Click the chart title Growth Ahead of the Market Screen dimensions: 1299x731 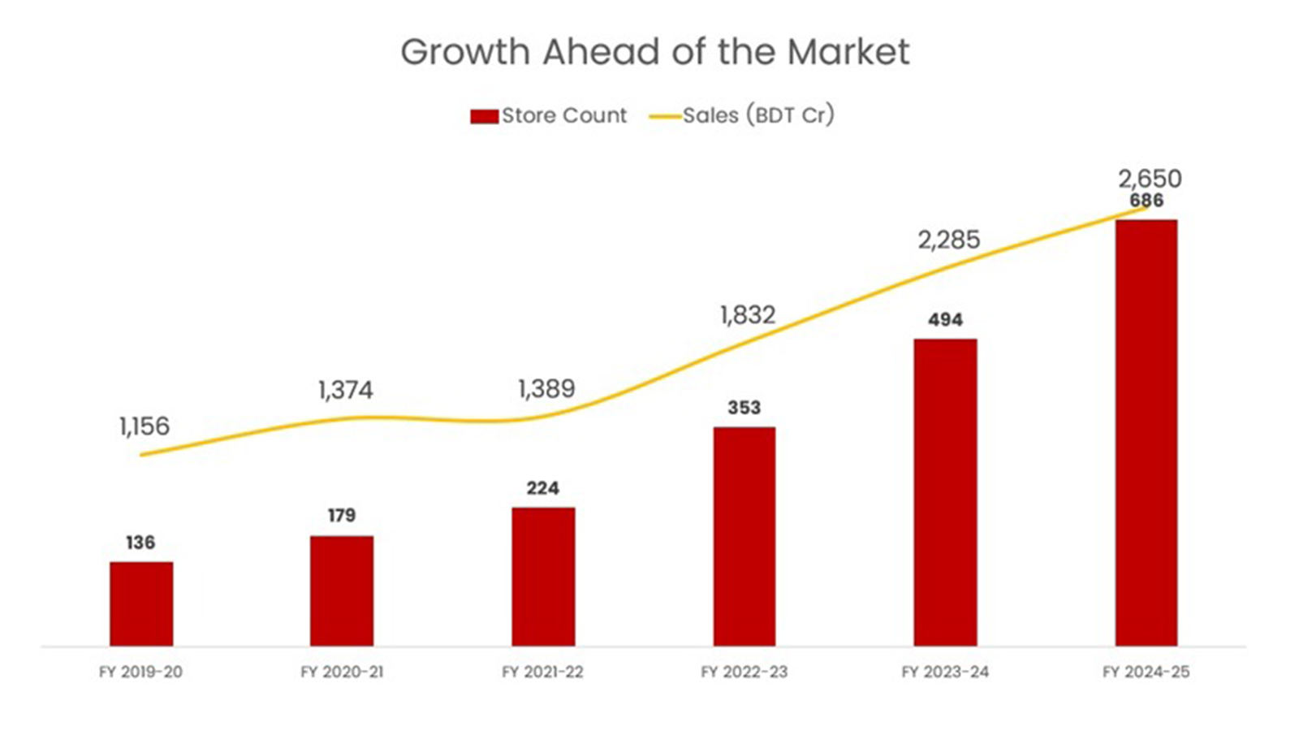pos(655,52)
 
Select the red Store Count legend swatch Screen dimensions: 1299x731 pos(484,117)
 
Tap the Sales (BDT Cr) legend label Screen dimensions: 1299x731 pos(758,115)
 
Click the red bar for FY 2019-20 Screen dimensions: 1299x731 pos(141,604)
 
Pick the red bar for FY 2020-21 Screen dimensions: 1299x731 pos(342,591)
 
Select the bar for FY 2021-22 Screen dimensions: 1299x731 pos(543,577)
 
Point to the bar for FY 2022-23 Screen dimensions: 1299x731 pos(744,537)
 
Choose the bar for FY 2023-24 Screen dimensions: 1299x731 pos(946,492)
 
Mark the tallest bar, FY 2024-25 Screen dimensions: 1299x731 pos(1146,433)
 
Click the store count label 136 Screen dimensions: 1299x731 pos(141,543)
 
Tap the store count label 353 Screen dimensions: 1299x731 pos(744,408)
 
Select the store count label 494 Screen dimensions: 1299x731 pos(945,320)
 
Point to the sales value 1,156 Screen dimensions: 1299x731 pos(145,426)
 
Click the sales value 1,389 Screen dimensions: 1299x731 pos(546,389)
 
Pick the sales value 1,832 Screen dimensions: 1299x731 pos(748,315)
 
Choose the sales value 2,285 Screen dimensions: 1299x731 pos(949,240)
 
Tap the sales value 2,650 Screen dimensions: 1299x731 pos(1150,179)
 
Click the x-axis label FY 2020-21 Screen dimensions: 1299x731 pos(342,672)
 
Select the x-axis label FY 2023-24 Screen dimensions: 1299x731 pos(945,672)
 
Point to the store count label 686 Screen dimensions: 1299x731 pos(1146,201)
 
